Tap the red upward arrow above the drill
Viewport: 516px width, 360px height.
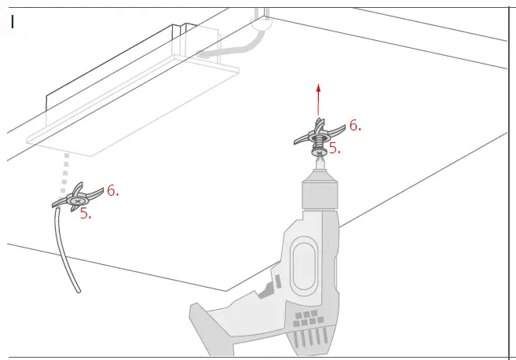coord(317,97)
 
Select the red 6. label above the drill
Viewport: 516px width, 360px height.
coord(355,125)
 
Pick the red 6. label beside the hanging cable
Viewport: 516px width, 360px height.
coord(112,190)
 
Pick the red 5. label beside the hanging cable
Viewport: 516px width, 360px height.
coord(86,214)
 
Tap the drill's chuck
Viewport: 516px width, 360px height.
coord(318,193)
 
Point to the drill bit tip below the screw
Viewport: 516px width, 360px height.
coord(318,161)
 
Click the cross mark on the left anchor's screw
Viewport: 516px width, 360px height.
coord(75,201)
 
